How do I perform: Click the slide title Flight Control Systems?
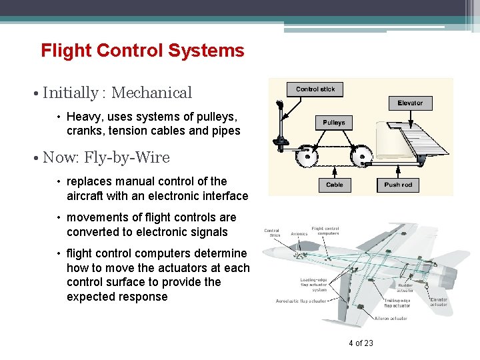point(142,51)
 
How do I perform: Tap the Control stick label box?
point(315,89)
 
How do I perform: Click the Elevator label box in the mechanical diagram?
point(410,103)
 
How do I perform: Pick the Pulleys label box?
point(334,123)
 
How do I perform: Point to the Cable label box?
point(334,185)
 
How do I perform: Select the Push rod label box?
point(398,185)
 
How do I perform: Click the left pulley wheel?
point(307,158)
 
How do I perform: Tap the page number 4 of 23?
point(361,343)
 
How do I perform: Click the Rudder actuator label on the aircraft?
point(405,287)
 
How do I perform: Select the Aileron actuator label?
point(391,319)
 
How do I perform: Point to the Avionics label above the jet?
point(299,234)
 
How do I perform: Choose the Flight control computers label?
point(325,231)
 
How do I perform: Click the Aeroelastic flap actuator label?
point(301,301)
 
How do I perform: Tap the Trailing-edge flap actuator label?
point(397,303)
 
